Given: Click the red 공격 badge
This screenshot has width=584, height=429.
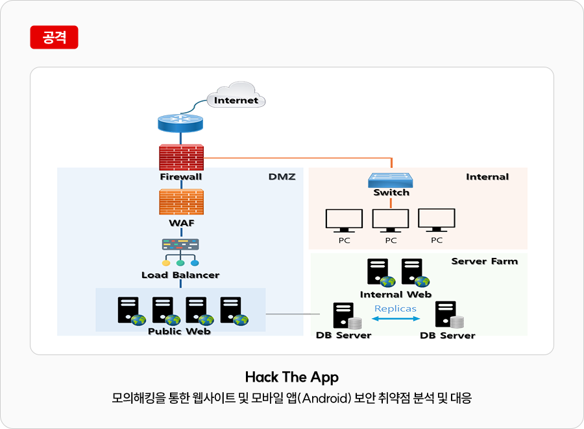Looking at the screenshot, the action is point(54,37).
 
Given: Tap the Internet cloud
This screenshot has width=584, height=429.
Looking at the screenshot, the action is point(236,96).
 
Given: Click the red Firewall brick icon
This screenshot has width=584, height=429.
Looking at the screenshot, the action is point(182,157).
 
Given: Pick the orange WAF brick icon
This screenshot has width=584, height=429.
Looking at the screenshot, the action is point(182,202).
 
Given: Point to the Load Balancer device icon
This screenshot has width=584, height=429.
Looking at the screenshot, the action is point(180,253).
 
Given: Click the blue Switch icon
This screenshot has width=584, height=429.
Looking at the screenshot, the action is point(391,180).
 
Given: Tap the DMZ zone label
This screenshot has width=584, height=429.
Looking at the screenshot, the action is point(282,177).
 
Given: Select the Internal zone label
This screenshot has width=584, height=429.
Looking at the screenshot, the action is point(487,177).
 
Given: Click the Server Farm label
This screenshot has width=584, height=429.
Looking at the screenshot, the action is point(485,261).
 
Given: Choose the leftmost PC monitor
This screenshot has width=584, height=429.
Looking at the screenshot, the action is point(344,220).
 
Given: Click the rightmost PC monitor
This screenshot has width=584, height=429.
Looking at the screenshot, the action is point(437,220).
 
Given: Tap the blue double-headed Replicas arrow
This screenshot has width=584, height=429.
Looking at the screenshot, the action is point(396,318).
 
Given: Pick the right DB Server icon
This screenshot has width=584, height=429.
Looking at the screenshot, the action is point(449,315).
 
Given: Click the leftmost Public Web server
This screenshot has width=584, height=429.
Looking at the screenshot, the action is point(132,311).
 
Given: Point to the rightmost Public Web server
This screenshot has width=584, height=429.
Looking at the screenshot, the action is point(234,311).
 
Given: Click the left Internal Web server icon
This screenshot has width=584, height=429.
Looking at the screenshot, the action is point(381,273).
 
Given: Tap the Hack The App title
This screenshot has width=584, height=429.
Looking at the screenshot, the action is point(292,377).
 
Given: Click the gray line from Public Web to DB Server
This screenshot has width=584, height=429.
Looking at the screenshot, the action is point(293,314).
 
